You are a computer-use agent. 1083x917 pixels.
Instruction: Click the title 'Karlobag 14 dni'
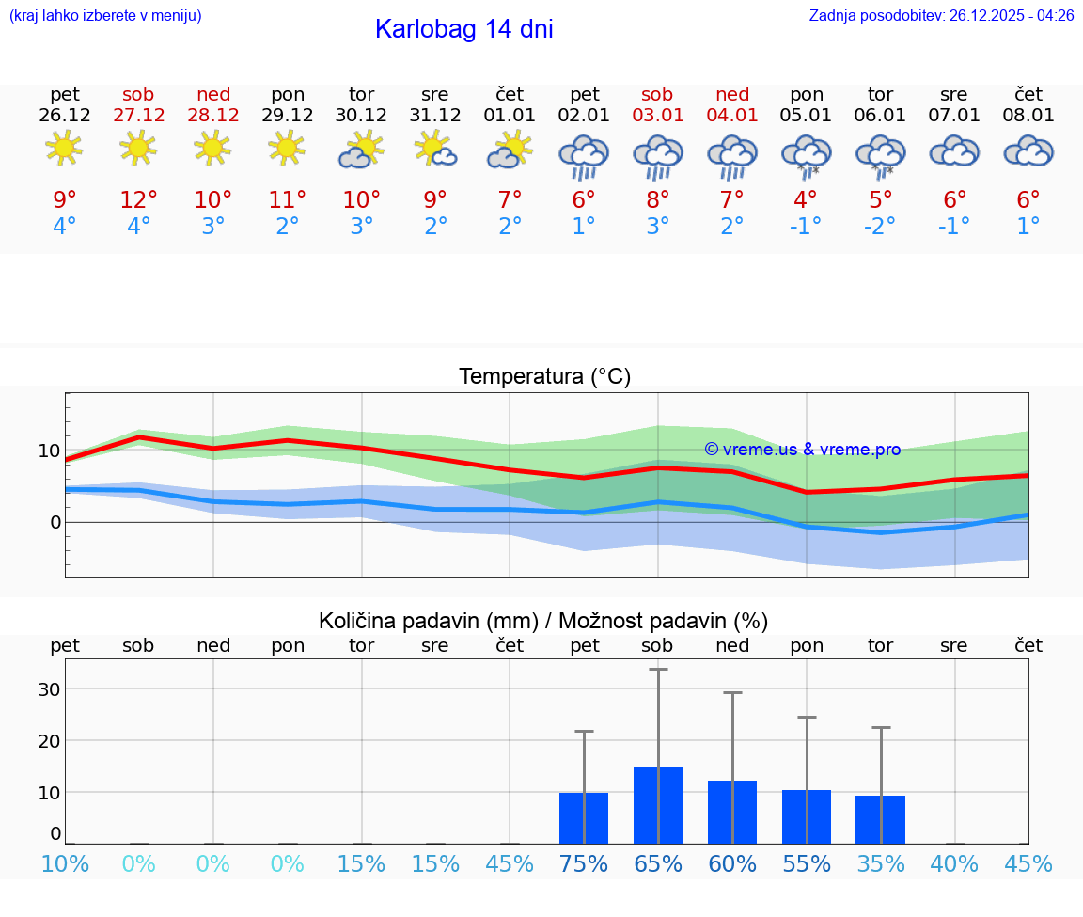click(x=463, y=29)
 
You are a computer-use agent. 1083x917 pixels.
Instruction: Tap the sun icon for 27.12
click(x=138, y=148)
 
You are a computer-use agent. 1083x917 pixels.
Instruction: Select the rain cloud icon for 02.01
click(x=584, y=156)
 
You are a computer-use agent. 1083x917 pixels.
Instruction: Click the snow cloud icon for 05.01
click(x=807, y=156)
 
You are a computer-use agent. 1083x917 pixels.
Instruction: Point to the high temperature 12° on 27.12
click(x=138, y=199)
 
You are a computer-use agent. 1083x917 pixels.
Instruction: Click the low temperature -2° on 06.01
click(x=880, y=227)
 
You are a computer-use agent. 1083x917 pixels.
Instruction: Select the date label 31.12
click(x=435, y=116)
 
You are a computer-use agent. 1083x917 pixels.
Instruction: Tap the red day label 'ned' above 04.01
click(x=732, y=94)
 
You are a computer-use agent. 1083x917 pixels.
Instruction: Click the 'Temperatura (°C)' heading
click(x=544, y=377)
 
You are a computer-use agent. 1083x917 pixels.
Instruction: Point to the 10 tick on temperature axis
click(x=49, y=451)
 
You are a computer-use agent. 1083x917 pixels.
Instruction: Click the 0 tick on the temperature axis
click(x=55, y=522)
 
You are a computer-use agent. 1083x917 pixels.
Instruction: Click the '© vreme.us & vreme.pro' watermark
click(x=802, y=450)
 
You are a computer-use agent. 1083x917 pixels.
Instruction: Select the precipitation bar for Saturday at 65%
click(x=658, y=805)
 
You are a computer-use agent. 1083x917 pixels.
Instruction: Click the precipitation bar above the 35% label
click(x=880, y=819)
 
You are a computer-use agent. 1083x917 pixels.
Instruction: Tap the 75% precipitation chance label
click(x=584, y=863)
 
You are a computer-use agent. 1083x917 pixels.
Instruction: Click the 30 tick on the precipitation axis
click(x=49, y=689)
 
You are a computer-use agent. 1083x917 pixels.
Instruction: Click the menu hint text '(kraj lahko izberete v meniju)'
click(x=105, y=15)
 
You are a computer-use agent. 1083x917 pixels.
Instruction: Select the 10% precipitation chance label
click(x=65, y=863)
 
